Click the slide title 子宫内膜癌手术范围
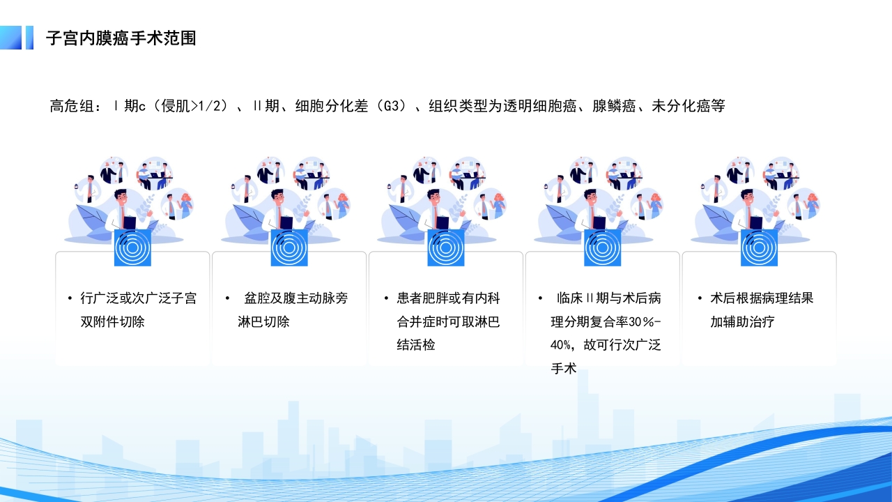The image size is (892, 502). tap(121, 38)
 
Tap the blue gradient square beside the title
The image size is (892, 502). tap(11, 38)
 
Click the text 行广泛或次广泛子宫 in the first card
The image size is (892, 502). tap(138, 298)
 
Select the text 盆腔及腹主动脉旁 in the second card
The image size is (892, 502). tap(295, 298)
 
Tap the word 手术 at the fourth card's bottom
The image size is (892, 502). tap(564, 369)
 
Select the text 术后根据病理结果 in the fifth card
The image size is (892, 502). tap(761, 298)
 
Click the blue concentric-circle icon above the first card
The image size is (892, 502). tap(132, 248)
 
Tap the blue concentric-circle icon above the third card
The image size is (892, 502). tap(446, 248)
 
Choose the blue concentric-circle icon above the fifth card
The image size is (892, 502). tap(759, 248)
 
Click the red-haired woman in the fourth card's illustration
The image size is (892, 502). tap(655, 204)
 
